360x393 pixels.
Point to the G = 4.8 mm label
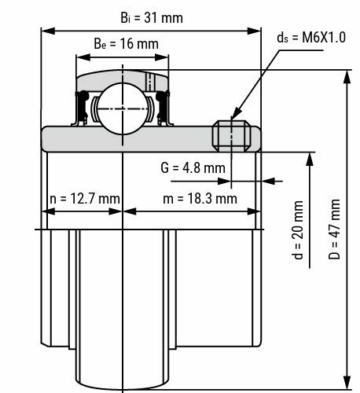pos(193,167)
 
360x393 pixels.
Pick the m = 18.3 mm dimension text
pos(200,198)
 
